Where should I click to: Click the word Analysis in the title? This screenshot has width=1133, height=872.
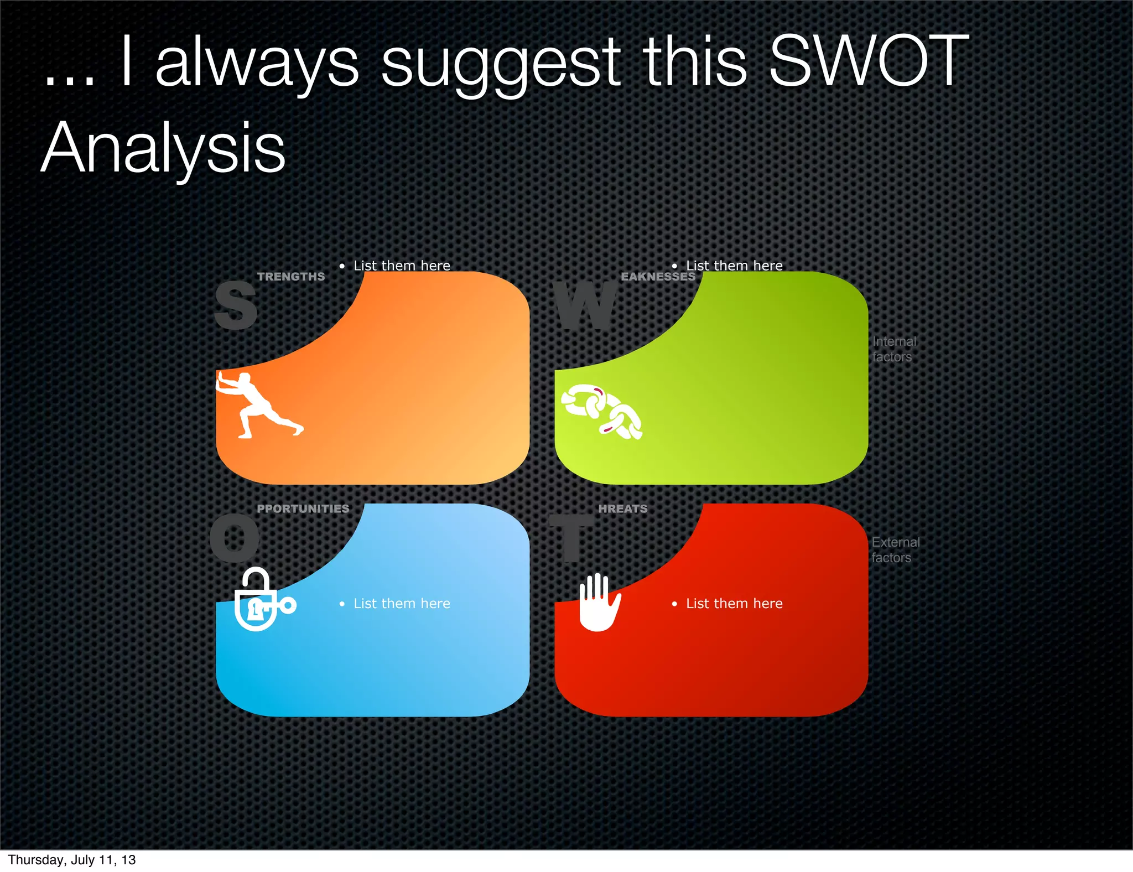163,148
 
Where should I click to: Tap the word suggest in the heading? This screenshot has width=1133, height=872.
501,64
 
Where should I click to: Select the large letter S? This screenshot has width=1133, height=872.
236,305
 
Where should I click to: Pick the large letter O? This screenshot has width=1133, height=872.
235,537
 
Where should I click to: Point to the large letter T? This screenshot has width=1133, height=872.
571,537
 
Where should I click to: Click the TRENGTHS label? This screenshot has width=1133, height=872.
291,277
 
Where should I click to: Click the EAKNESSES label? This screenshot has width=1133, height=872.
658,277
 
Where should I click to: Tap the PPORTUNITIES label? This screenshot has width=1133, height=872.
303,508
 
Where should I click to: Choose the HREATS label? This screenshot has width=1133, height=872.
623,508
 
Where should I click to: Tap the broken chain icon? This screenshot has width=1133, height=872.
602,412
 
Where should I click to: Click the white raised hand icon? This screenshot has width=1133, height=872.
599,603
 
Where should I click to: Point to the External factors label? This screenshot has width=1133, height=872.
895,550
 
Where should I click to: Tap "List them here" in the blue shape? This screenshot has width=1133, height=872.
402,604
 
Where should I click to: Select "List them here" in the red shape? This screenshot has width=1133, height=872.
734,604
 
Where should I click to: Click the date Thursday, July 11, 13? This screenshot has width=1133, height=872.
72,860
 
